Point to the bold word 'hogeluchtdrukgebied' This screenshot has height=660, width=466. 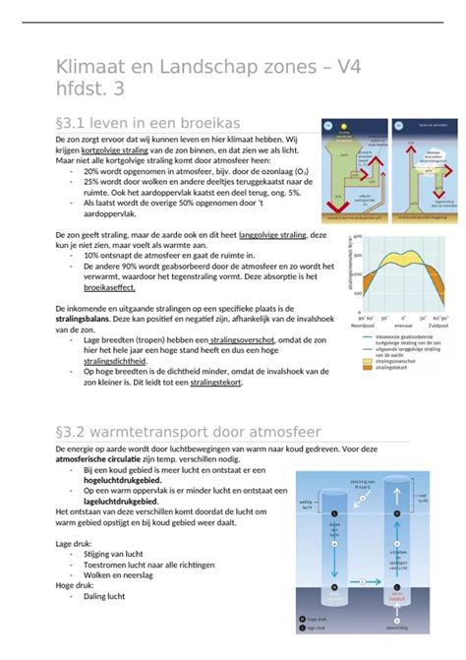pyautogui.click(x=123, y=479)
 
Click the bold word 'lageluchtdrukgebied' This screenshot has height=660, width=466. pyautogui.click(x=122, y=500)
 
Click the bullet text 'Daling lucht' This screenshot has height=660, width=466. pyautogui.click(x=103, y=596)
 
